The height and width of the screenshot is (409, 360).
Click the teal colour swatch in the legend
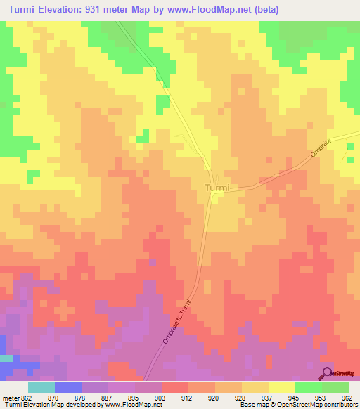[x=41, y=387]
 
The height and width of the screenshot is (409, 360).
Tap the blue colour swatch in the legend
[x=67, y=387]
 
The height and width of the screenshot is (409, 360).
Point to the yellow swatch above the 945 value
[x=281, y=387]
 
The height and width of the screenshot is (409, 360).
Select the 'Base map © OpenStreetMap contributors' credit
[x=298, y=405]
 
